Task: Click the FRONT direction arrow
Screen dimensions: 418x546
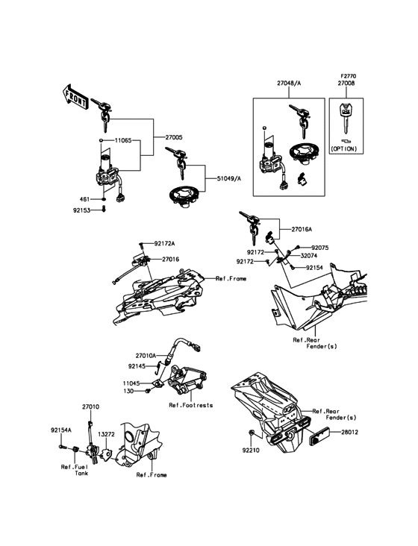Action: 75,97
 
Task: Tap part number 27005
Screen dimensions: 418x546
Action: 174,137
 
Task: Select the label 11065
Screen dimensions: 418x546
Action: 123,141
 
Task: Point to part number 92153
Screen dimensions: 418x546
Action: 81,210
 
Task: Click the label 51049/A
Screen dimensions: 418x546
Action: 228,178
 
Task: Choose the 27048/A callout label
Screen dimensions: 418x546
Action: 289,84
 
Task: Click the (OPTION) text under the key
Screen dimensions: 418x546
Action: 344,148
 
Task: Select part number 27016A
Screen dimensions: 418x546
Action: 302,230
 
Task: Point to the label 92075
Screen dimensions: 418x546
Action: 319,248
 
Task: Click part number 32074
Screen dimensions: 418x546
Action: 308,256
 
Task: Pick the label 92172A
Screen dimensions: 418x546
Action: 164,244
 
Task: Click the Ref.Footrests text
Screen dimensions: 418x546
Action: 191,405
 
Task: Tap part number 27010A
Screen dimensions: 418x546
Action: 146,356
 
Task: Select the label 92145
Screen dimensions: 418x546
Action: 137,366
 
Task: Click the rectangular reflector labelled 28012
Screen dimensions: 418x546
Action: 318,436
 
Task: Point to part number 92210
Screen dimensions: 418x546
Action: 251,451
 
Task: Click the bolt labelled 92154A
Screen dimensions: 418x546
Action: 63,446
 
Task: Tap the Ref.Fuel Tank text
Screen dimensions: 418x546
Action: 75,470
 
